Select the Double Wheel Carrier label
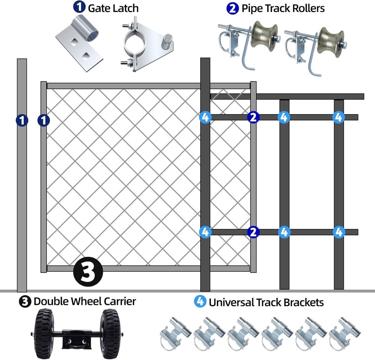(x=85, y=301)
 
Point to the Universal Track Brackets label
(x=266, y=302)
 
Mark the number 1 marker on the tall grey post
(x=22, y=120)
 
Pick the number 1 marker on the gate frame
(x=43, y=120)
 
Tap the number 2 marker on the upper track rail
(x=253, y=117)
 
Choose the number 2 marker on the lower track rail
(x=253, y=232)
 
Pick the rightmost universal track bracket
(x=345, y=332)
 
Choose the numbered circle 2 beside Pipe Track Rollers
(x=232, y=8)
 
